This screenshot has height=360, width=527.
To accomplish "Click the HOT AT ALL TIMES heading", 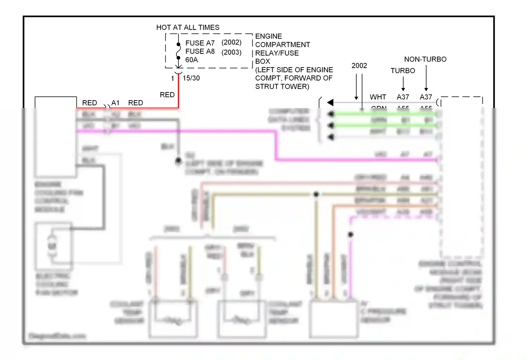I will pyautogui.click(x=188, y=27).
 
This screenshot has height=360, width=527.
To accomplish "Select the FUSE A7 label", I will pyautogui.click(x=200, y=43).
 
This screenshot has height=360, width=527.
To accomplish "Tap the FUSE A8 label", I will pyautogui.click(x=200, y=51).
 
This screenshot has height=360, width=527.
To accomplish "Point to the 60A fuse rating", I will pyautogui.click(x=191, y=60).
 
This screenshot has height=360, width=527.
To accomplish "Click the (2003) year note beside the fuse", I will pyautogui.click(x=231, y=52).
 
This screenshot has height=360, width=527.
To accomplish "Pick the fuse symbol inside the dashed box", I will pyautogui.click(x=178, y=51).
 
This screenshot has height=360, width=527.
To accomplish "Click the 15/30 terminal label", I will pyautogui.click(x=191, y=78).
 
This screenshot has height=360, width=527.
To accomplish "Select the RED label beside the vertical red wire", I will pyautogui.click(x=167, y=95).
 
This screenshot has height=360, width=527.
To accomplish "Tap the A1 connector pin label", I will pyautogui.click(x=115, y=103).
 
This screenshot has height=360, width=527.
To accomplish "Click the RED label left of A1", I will pyautogui.click(x=89, y=103).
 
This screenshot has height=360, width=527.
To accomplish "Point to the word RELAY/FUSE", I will pyautogui.click(x=277, y=53).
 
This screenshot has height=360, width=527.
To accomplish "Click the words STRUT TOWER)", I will pyautogui.click(x=282, y=86).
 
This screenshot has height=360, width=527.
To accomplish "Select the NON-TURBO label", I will pyautogui.click(x=425, y=59).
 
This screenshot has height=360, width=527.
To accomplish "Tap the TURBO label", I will pyautogui.click(x=403, y=71).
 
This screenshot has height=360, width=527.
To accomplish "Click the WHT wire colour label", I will pyautogui.click(x=378, y=97).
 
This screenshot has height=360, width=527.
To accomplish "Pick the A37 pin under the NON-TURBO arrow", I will pyautogui.click(x=426, y=97).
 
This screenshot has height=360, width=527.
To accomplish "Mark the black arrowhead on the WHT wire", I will pyautogui.click(x=330, y=102).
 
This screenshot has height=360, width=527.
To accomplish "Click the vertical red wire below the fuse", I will pyautogui.click(x=178, y=91).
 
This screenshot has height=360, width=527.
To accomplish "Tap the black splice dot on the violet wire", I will pyautogui.click(x=351, y=234).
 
